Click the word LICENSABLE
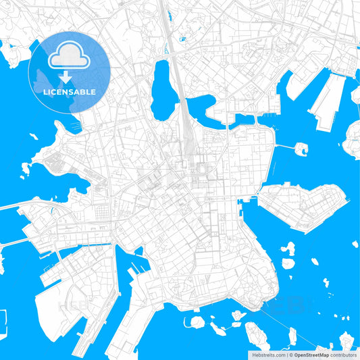[70, 91]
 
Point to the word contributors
[344, 355]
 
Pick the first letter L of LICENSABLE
[45, 91]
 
